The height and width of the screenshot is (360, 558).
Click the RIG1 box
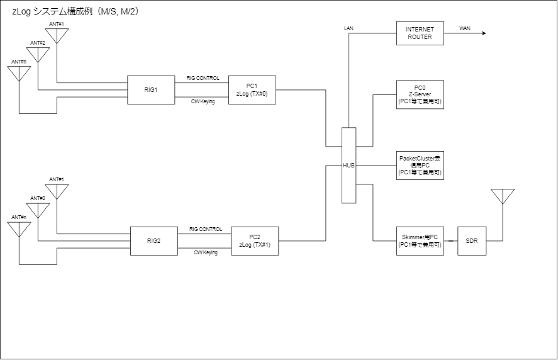pos(151,90)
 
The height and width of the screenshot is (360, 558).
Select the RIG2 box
pos(153,240)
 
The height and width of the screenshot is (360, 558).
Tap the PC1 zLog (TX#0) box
pos(252,90)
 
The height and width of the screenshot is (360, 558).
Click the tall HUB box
pos(349,166)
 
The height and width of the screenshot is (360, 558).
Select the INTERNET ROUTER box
pos(420,33)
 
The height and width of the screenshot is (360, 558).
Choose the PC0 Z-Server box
pos(420,94)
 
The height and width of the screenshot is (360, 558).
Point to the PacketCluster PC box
pos(420,166)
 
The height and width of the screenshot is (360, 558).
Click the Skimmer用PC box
pos(420,240)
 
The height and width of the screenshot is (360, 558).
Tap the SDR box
pos(472,240)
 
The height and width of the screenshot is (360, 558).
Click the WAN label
pos(465,28)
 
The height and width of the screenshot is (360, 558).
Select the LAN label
pos(350,28)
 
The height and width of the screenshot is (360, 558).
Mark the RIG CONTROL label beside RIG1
pos(203,78)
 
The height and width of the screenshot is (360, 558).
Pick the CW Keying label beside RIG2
pos(205,252)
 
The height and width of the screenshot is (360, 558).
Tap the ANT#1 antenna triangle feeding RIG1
pos(57,36)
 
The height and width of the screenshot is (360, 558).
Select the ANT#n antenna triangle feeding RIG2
pos(19,229)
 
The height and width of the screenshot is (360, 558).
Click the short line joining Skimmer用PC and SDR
pos(450,240)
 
